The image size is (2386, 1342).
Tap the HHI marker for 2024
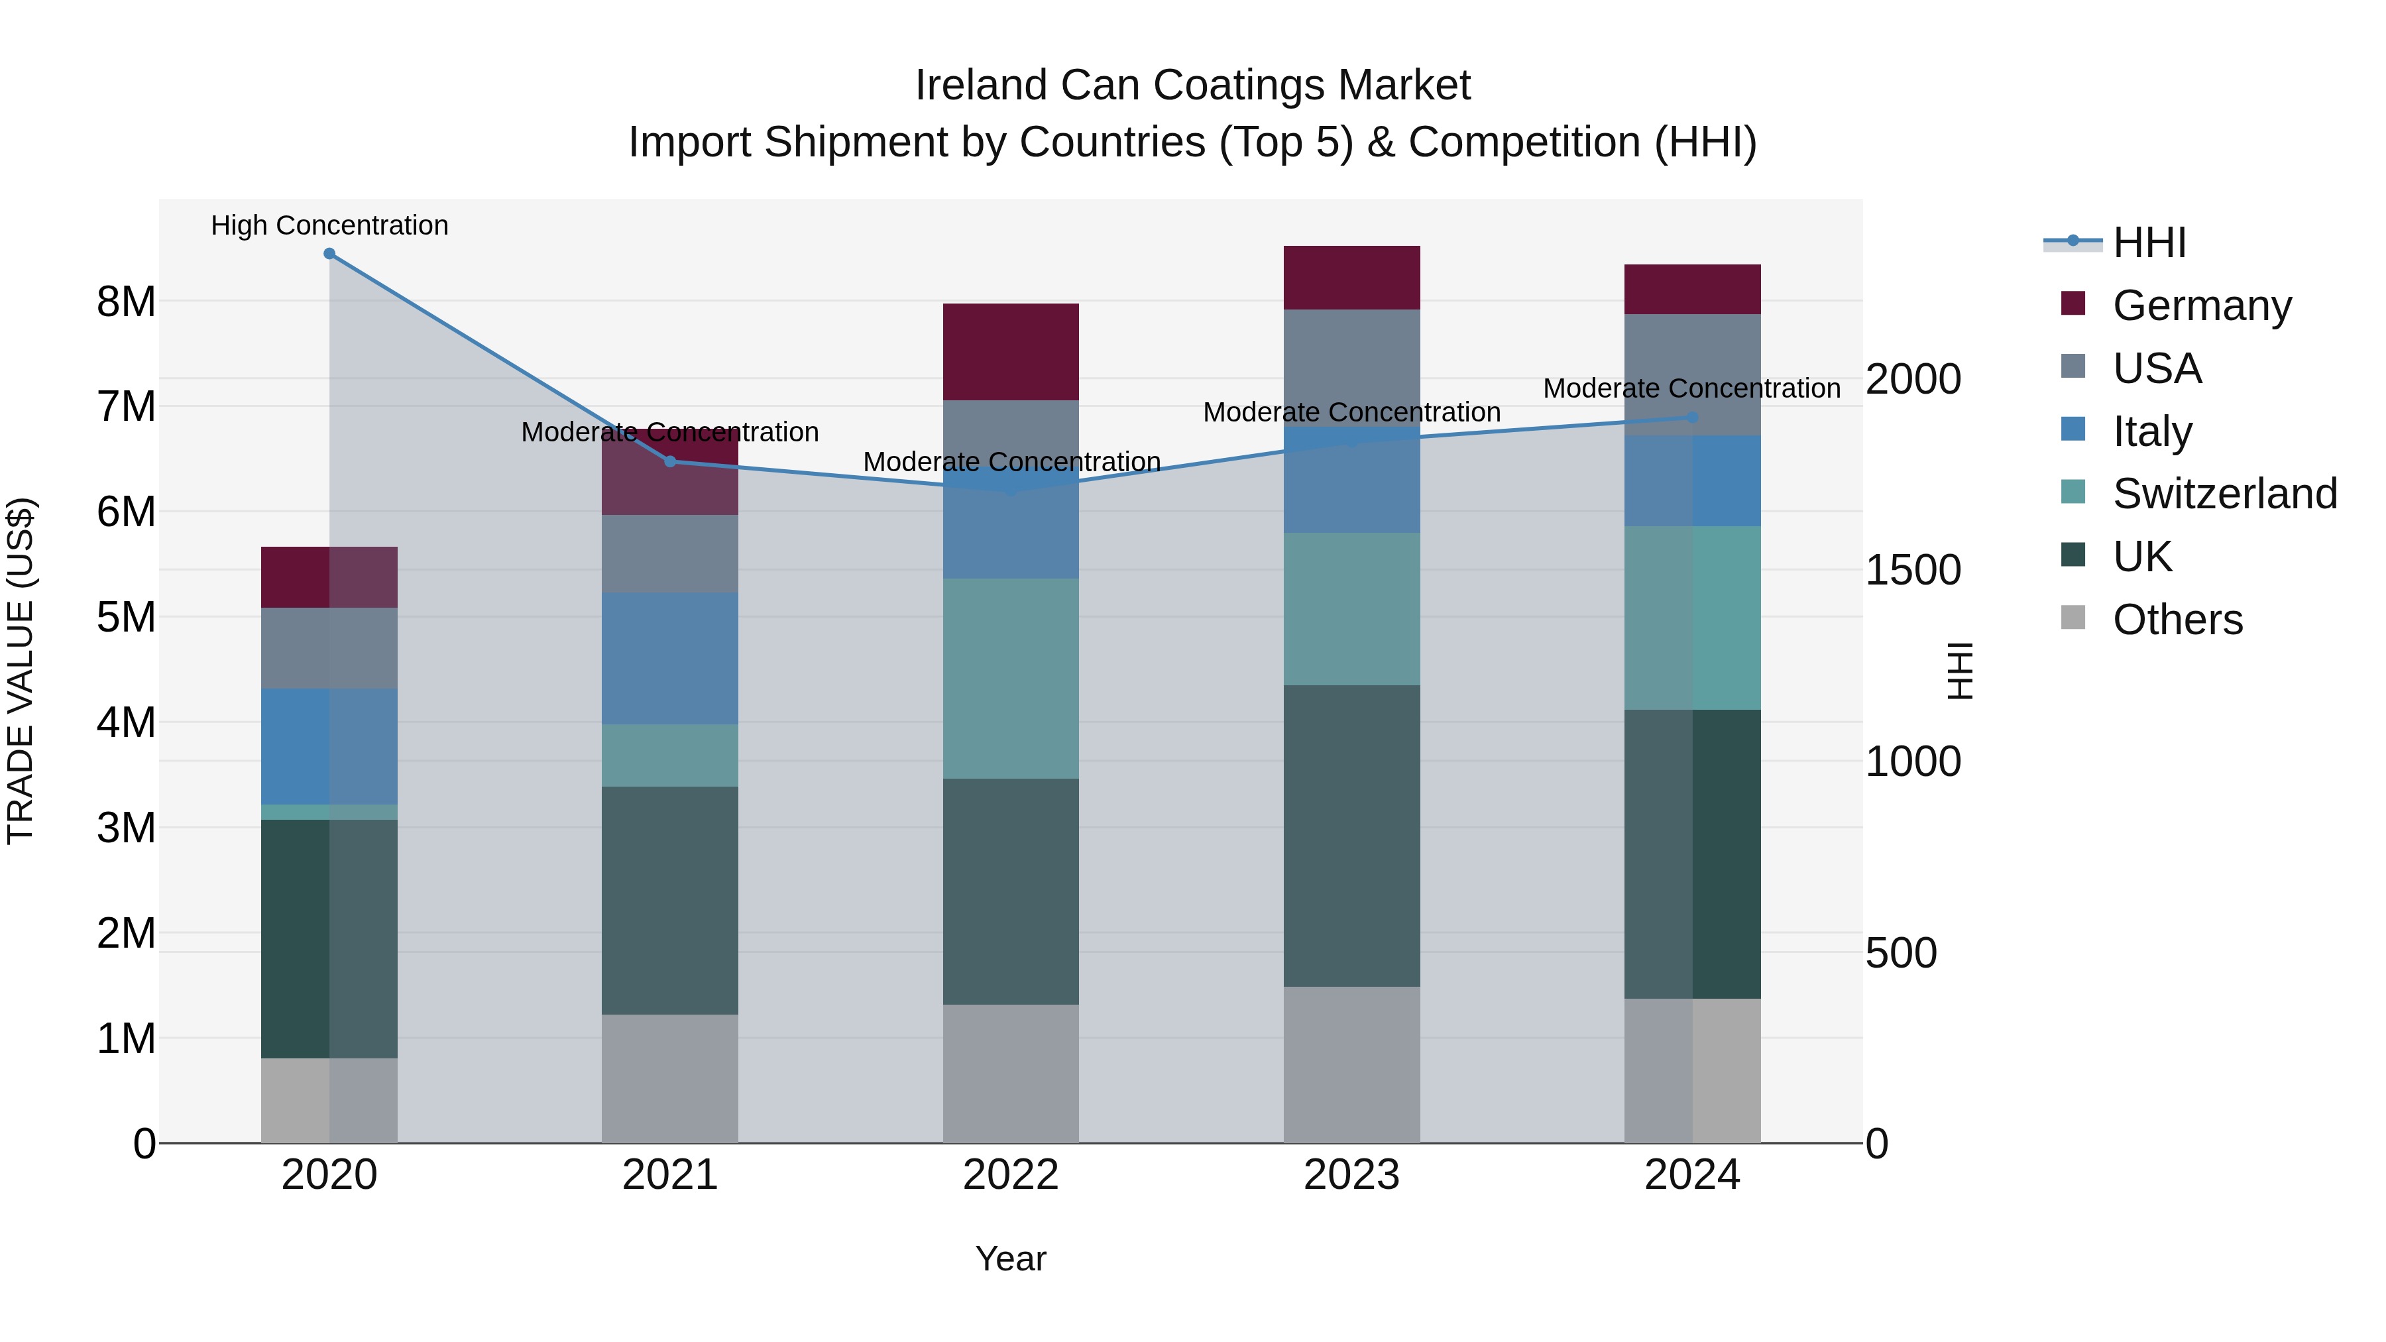click(x=1692, y=418)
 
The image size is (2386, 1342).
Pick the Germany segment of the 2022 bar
click(x=1011, y=351)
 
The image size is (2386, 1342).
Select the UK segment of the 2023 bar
click(x=1351, y=836)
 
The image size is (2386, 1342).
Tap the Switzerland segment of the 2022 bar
click(x=1011, y=678)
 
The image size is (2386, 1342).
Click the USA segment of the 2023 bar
click(x=1351, y=366)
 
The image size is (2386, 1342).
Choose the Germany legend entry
click(x=2202, y=305)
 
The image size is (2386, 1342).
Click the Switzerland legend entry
click(x=2224, y=494)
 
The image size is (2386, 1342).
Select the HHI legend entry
click(x=2149, y=243)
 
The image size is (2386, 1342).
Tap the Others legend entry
click(x=2177, y=620)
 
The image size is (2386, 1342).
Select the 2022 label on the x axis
click(x=1011, y=1175)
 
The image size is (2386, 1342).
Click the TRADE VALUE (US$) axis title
click(x=21, y=671)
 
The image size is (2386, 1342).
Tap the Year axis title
click(x=1011, y=1258)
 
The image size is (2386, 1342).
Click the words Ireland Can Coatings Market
click(x=1192, y=85)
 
